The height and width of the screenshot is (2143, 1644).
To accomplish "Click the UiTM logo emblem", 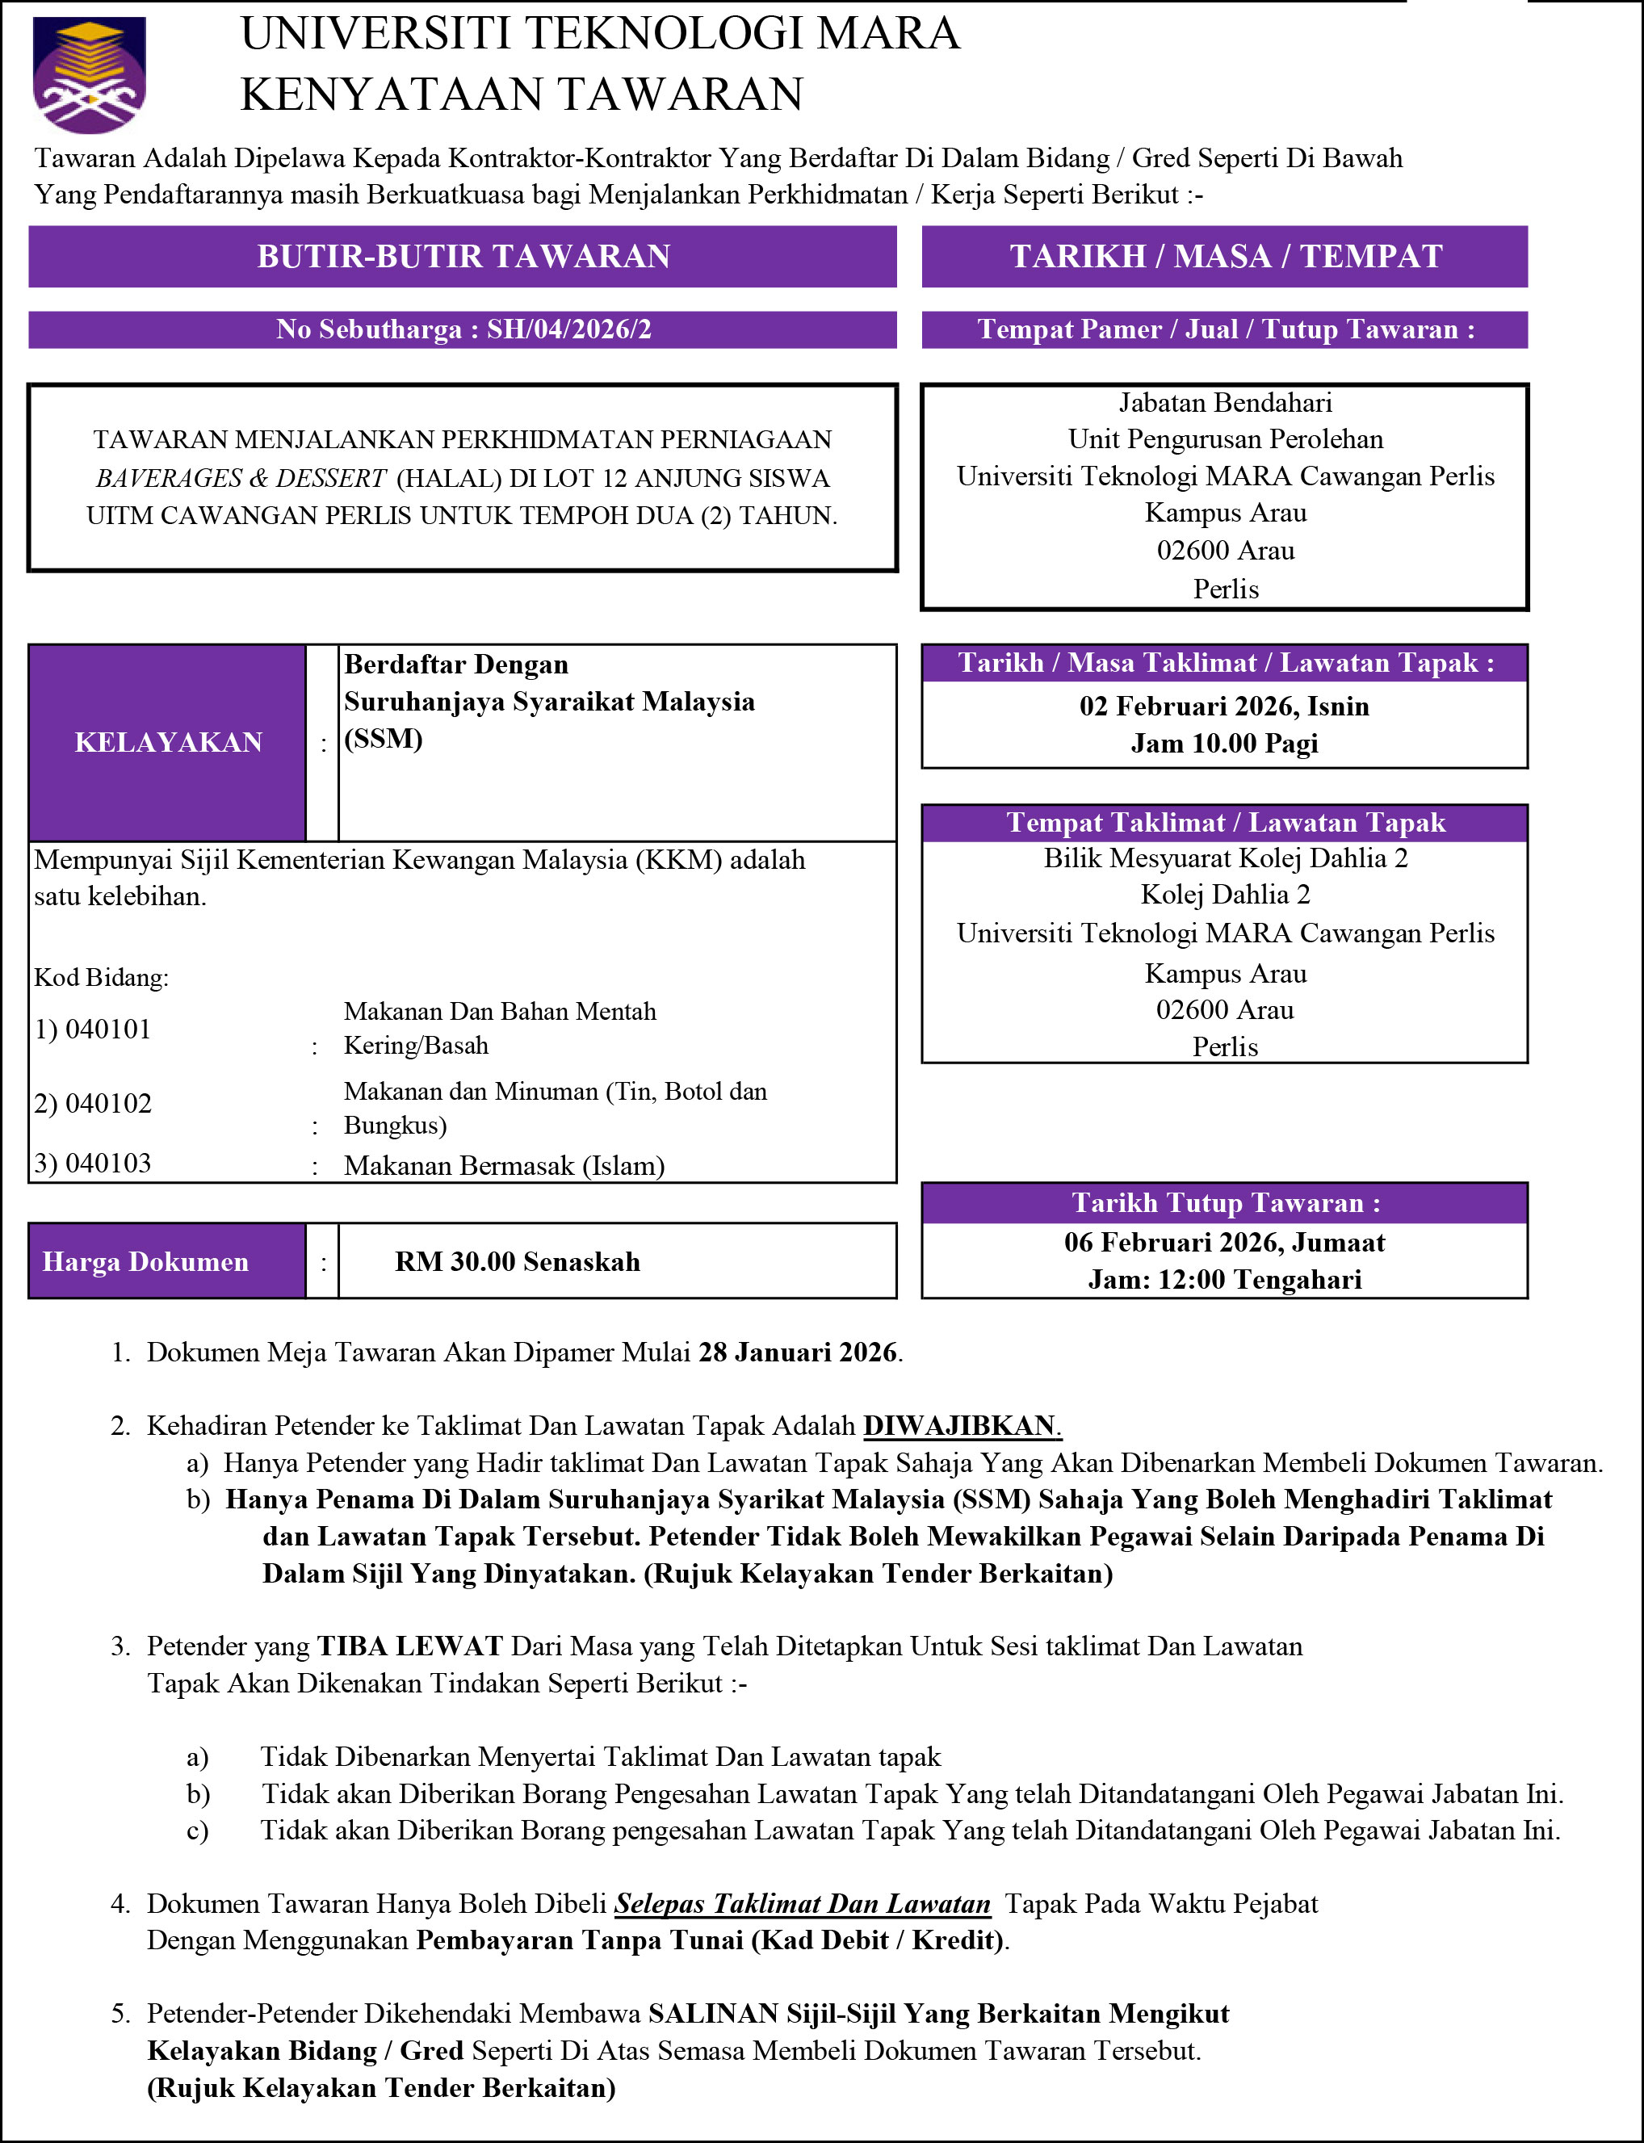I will tap(89, 74).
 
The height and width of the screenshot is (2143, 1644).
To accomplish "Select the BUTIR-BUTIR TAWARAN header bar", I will tap(463, 257).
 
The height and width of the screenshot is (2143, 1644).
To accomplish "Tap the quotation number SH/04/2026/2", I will tap(568, 329).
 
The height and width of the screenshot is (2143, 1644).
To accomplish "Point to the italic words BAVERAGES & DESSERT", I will tap(241, 479).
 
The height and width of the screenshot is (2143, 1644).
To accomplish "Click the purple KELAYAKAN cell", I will tap(167, 743).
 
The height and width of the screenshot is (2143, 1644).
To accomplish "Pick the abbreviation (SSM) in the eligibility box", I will tap(383, 739).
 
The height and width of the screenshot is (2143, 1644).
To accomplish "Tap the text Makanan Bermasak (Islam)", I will tap(504, 1167).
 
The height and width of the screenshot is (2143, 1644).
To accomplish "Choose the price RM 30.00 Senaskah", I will tap(518, 1262).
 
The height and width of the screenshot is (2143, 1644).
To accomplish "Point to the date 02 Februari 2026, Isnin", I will tap(1224, 707).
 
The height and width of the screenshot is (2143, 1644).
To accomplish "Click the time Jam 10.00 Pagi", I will tap(1224, 744).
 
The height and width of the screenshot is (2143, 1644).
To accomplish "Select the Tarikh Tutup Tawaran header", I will tap(1225, 1204).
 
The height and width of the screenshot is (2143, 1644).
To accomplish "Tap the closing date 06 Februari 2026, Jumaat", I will tap(1224, 1243).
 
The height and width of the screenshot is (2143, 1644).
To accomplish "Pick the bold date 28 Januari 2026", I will tap(798, 1352).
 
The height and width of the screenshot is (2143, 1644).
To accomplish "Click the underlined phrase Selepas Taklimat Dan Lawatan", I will tap(803, 1903).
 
